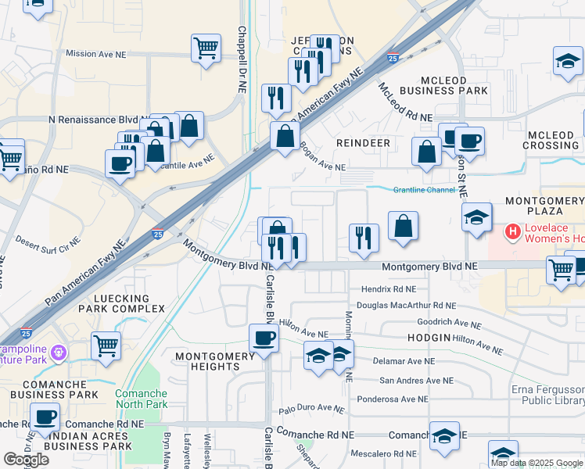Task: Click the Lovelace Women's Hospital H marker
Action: [x=513, y=231]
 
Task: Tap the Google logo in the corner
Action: [x=26, y=460]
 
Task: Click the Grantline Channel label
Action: [x=424, y=189]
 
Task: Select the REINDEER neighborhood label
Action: [x=363, y=143]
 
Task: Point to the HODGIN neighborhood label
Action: [x=427, y=337]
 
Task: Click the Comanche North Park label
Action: [x=142, y=399]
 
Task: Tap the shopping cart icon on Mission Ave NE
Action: [x=206, y=48]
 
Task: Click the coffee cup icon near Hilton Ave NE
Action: [x=264, y=338]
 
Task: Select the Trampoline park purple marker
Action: [x=57, y=353]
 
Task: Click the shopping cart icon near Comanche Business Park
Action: [x=105, y=344]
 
